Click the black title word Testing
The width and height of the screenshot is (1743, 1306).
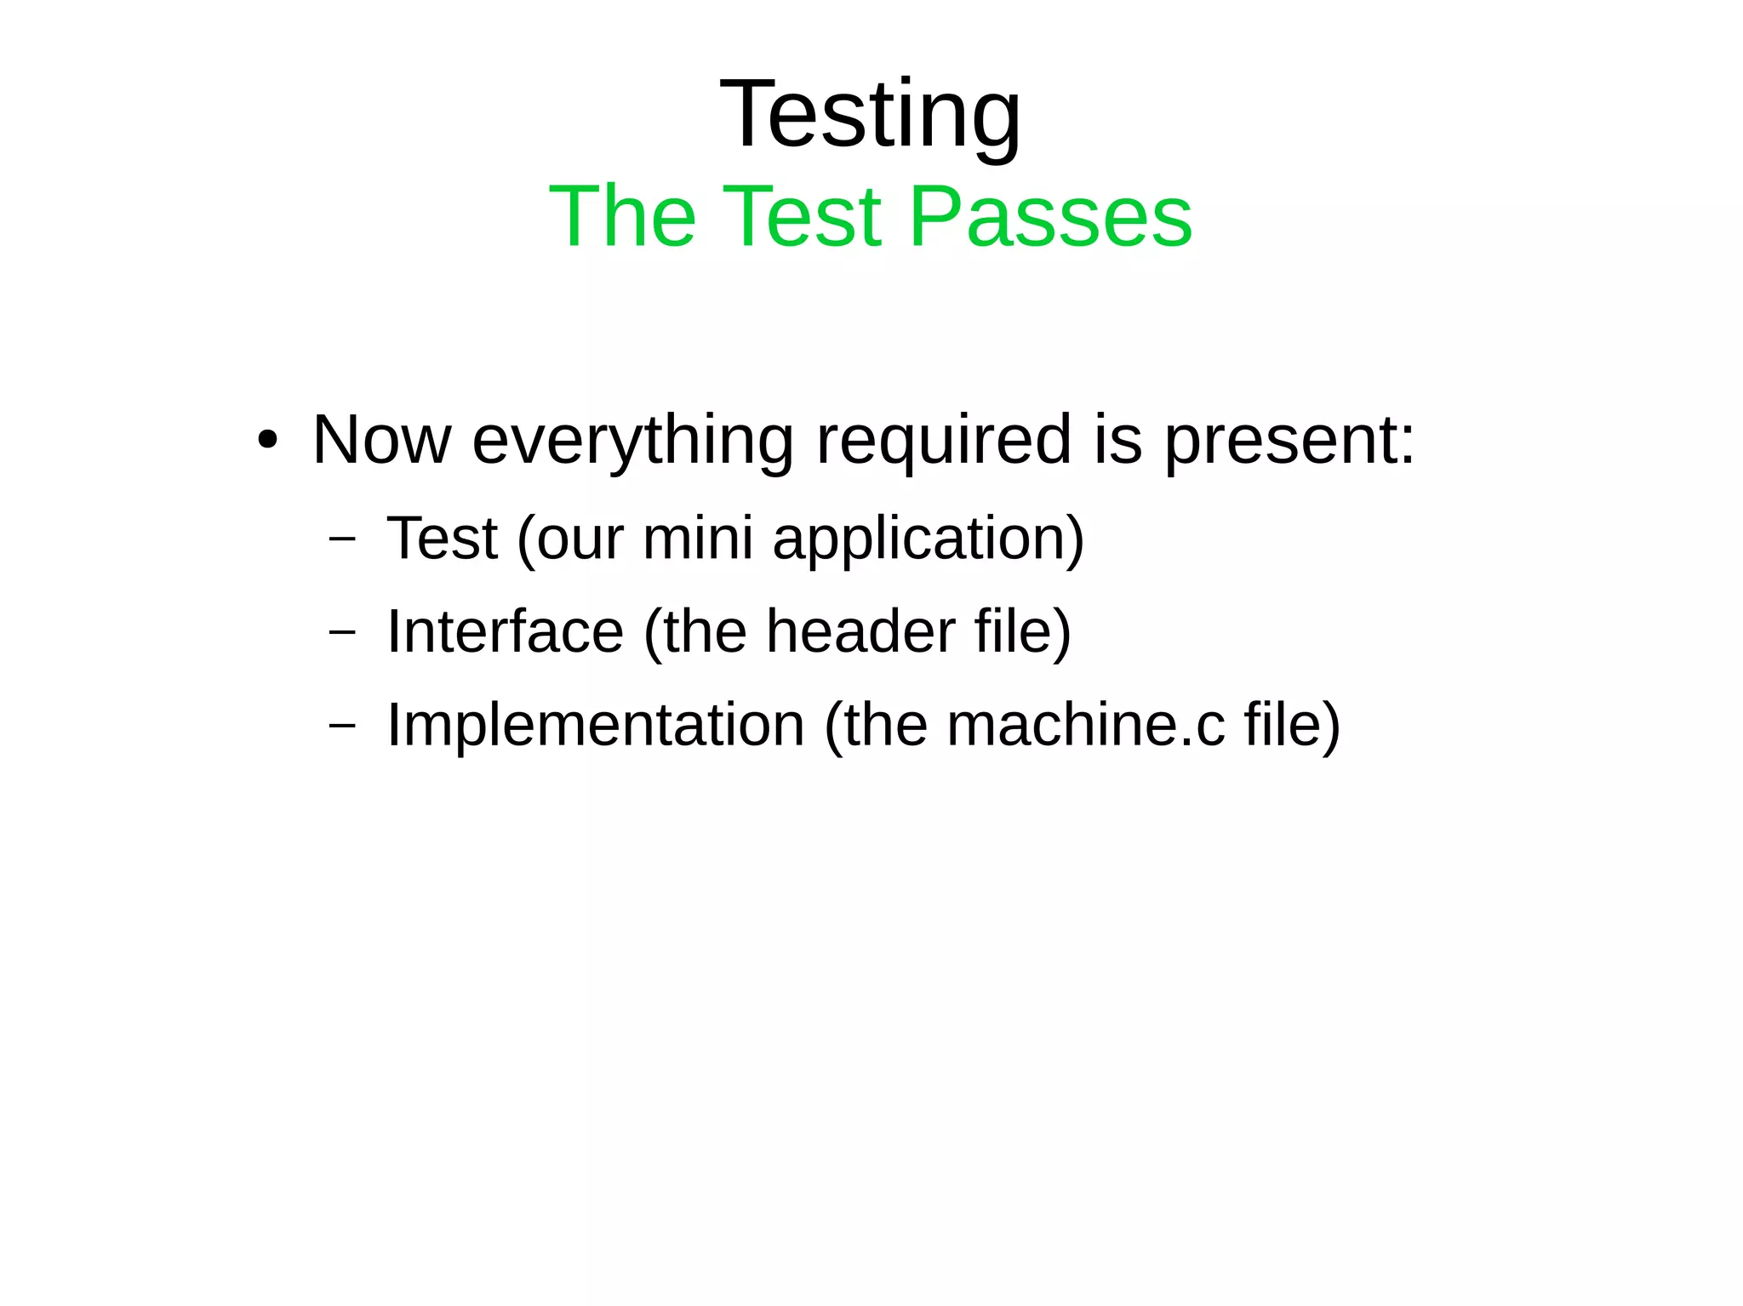870,115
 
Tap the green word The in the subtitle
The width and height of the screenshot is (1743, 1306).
622,217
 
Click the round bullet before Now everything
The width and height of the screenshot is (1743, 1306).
267,441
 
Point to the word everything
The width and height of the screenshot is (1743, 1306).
632,441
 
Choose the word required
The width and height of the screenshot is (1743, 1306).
943,441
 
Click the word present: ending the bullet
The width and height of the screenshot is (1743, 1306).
1289,441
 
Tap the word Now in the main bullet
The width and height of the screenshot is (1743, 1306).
381,441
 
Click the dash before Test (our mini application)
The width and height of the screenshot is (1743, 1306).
341,539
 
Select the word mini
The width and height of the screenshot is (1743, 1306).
698,539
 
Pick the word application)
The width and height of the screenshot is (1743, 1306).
928,539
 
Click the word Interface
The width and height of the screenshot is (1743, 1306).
506,631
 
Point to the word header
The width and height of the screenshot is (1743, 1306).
860,631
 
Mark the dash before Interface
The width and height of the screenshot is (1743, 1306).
341,632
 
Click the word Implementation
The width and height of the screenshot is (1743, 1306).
596,725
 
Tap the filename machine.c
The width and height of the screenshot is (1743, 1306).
1086,725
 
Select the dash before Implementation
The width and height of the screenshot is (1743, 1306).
341,726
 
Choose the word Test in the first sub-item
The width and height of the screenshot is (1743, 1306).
442,539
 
